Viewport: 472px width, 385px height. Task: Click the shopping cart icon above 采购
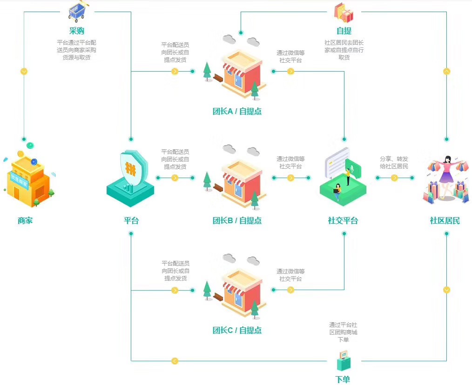pyautogui.click(x=77, y=12)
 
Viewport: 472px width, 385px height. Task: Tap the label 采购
pyautogui.click(x=77, y=31)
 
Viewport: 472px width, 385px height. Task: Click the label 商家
pyautogui.click(x=25, y=221)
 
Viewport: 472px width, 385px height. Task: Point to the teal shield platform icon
pyautogui.click(x=131, y=178)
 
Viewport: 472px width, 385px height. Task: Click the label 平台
pyautogui.click(x=131, y=221)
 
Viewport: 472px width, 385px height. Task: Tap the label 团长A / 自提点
pyautogui.click(x=237, y=112)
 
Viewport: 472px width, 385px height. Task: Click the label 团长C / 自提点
pyautogui.click(x=237, y=331)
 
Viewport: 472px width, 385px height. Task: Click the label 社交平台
pyautogui.click(x=343, y=221)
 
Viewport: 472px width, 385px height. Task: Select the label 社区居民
pyautogui.click(x=445, y=221)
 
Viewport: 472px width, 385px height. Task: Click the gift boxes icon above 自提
pyautogui.click(x=344, y=13)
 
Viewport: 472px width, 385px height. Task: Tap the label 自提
pyautogui.click(x=344, y=31)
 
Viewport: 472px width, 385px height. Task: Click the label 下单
pyautogui.click(x=343, y=379)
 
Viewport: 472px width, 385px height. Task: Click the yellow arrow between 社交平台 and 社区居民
pyautogui.click(x=394, y=178)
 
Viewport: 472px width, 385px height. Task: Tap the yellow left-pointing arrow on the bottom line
pyautogui.click(x=175, y=361)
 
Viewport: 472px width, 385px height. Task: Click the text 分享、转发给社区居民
pyautogui.click(x=394, y=162)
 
